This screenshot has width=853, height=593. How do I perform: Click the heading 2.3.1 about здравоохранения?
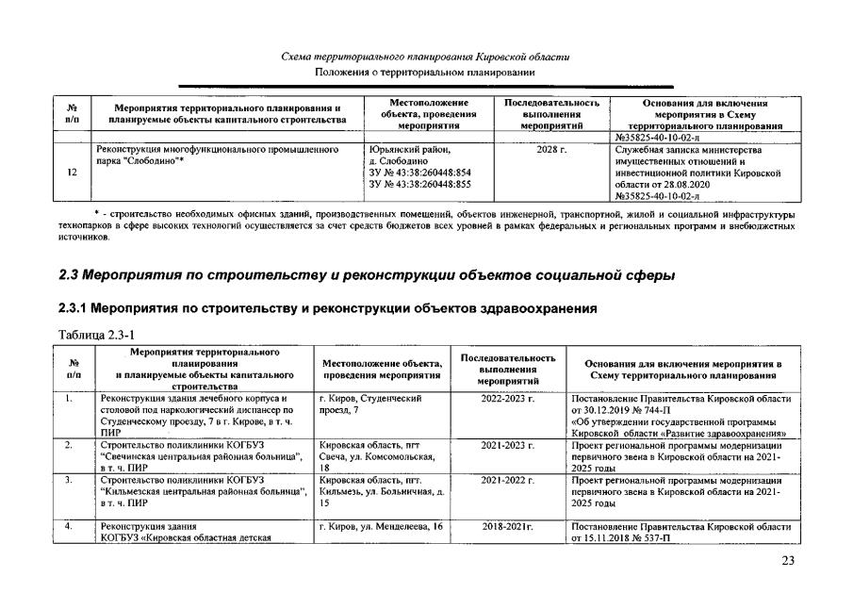[x=326, y=309]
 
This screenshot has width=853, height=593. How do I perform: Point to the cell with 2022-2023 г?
[x=507, y=400]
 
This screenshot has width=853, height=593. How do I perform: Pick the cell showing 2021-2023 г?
[x=507, y=443]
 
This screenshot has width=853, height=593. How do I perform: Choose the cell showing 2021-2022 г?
[x=507, y=480]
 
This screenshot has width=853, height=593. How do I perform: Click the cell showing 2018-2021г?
[x=507, y=525]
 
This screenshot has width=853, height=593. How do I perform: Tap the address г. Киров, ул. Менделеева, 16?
[x=381, y=525]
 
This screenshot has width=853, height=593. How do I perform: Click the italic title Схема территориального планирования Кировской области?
[x=425, y=58]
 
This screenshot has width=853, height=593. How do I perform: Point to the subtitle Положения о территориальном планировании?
[x=425, y=73]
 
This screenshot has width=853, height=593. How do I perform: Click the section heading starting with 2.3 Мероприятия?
[x=366, y=276]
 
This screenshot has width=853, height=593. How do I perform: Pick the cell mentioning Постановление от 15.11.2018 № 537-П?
[x=680, y=532]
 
